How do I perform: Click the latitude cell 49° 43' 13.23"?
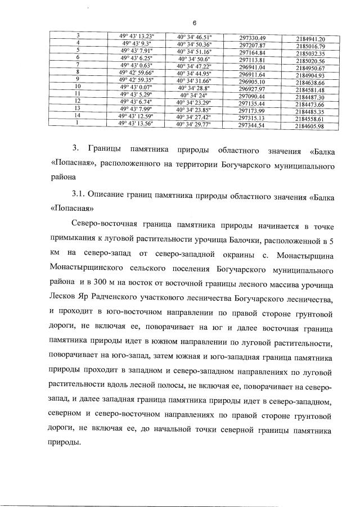pyautogui.click(x=140, y=36)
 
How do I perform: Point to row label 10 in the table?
pyautogui.click(x=79, y=87)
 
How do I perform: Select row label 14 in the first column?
pyautogui.click(x=79, y=115)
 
